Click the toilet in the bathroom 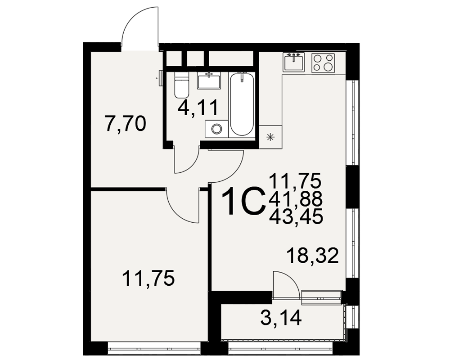[181, 85]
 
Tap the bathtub [242, 104]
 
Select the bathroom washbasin [209, 81]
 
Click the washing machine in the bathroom [216, 129]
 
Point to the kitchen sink [293, 62]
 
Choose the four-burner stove [323, 63]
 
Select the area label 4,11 [198, 108]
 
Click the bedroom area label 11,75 [148, 279]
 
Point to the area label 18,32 [313, 256]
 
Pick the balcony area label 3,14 [281, 318]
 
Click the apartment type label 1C [243, 201]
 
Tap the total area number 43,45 [296, 216]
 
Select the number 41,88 [296, 198]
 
